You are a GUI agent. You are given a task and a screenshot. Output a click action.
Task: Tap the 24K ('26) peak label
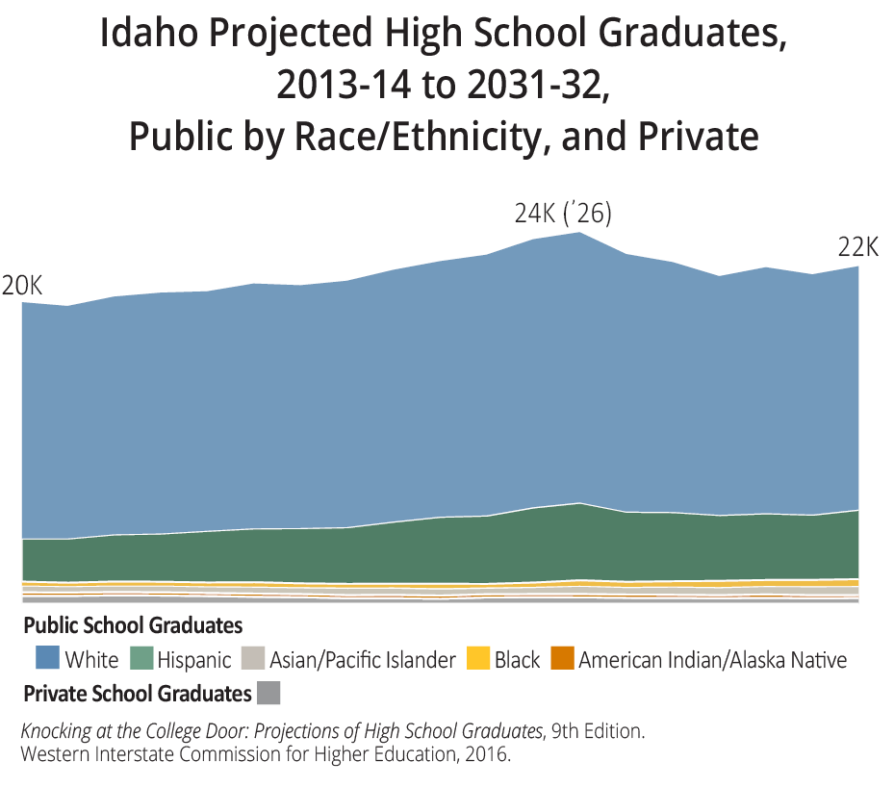[563, 214]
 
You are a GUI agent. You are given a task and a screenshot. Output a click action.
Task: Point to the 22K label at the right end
[858, 247]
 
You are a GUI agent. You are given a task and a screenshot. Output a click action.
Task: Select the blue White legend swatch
[47, 659]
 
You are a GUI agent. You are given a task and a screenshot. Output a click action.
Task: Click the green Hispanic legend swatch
[141, 659]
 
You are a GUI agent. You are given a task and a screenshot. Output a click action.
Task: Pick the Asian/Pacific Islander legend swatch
[253, 659]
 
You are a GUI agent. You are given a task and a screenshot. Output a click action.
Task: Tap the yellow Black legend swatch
[478, 659]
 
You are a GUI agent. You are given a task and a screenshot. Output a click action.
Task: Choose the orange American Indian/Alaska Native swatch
[562, 659]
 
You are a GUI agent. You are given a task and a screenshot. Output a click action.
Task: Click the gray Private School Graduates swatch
[269, 693]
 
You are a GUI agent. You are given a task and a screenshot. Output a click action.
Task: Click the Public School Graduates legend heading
[133, 626]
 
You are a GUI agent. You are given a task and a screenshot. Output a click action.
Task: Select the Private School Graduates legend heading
[137, 693]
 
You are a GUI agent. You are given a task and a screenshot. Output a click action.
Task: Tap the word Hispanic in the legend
[194, 660]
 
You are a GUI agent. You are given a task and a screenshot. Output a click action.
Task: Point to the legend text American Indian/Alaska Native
[712, 660]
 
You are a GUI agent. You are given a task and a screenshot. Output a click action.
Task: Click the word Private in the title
[698, 136]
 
